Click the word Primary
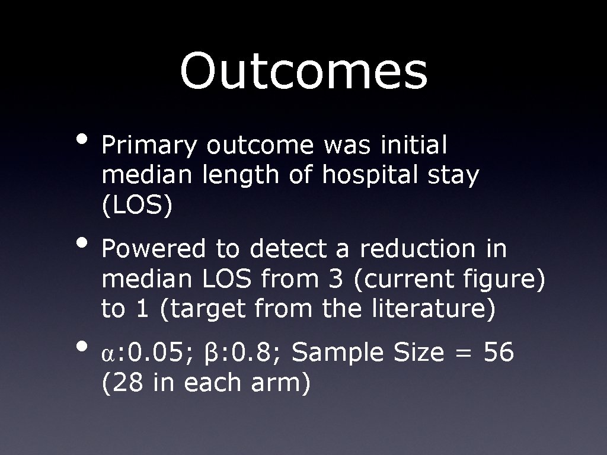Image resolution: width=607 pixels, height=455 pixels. (x=149, y=146)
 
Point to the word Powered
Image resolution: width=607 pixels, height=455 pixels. (x=154, y=249)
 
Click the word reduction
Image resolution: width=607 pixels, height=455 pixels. (x=417, y=249)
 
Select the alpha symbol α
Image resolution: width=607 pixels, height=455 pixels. (x=107, y=354)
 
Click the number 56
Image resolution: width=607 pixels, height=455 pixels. (x=499, y=353)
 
